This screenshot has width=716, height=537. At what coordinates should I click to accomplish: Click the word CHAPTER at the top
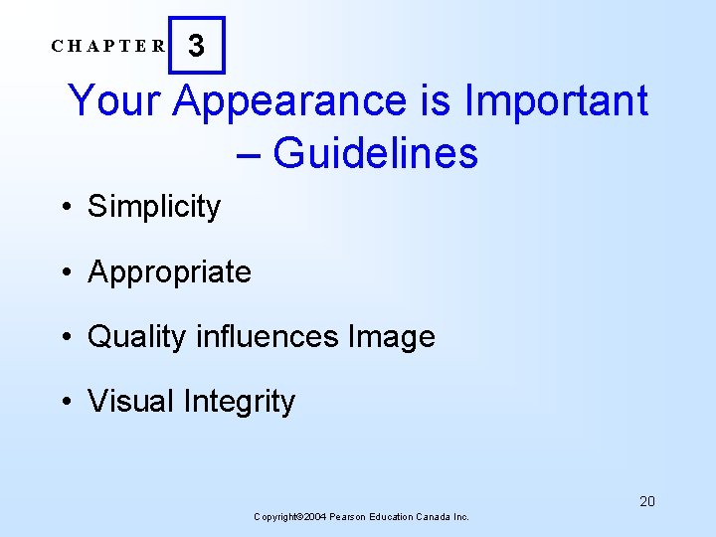(x=109, y=46)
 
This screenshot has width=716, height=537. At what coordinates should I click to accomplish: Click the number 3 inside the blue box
(x=197, y=46)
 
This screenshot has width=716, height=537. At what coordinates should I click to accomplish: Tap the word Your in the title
(x=109, y=101)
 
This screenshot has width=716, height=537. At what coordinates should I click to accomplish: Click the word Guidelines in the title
(x=375, y=153)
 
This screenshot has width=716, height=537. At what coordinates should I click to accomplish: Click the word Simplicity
(x=154, y=207)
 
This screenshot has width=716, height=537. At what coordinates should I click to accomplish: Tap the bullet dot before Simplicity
(x=64, y=208)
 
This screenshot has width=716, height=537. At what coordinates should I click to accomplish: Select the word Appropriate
(x=169, y=272)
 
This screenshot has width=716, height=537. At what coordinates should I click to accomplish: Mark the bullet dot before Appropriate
(x=64, y=272)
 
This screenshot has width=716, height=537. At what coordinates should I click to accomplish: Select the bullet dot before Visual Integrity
(x=64, y=402)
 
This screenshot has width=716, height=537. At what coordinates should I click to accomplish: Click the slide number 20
(x=647, y=501)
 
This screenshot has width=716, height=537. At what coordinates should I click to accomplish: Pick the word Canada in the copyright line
(x=434, y=517)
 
